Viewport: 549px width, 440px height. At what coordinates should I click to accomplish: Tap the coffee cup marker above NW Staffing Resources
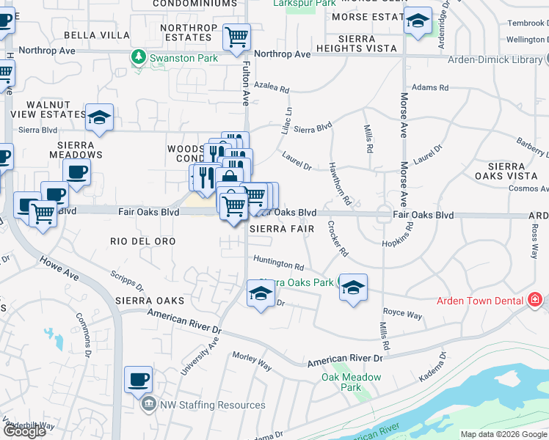pos(139,380)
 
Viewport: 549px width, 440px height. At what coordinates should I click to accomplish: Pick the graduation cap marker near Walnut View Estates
pos(99,117)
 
